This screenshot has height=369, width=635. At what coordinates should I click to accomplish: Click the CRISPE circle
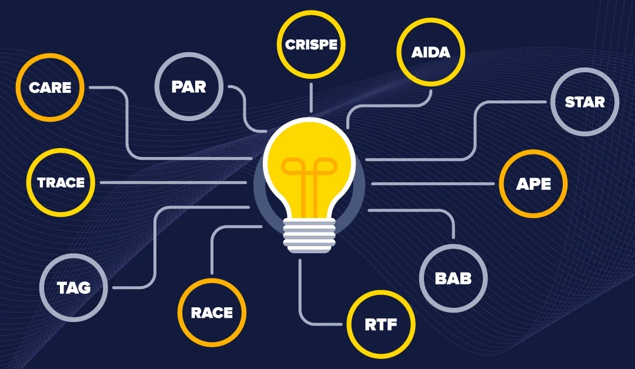click(310, 45)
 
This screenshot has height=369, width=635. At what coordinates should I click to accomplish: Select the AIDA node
click(431, 53)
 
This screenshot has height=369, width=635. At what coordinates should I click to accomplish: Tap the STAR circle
click(584, 102)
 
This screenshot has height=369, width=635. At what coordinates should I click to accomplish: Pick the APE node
click(533, 184)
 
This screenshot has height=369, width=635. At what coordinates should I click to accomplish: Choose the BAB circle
click(453, 278)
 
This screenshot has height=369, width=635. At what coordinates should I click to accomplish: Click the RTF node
click(381, 324)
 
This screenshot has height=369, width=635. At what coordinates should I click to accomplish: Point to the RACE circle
click(212, 313)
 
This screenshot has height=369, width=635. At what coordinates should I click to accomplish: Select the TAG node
click(73, 287)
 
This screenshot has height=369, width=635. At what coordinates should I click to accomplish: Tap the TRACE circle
click(61, 182)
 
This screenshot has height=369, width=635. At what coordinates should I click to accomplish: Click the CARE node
click(50, 88)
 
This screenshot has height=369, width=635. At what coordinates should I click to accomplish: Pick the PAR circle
click(189, 87)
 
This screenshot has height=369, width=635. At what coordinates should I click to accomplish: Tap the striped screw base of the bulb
click(309, 234)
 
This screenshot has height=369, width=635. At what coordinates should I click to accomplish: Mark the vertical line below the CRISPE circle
click(310, 97)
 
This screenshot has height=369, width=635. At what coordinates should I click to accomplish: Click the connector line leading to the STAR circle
click(474, 135)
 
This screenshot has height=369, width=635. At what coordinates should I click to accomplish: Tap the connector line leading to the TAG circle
click(154, 247)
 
